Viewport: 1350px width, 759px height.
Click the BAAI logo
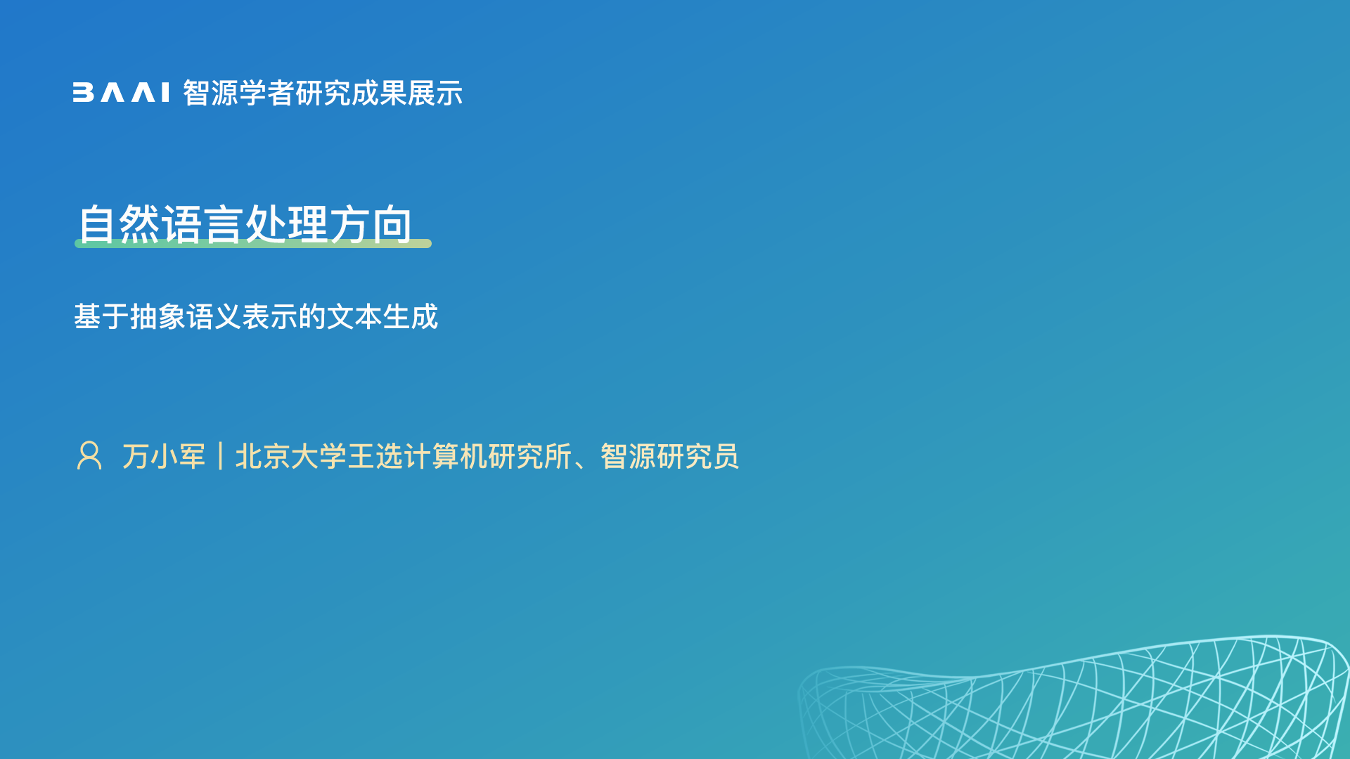121,93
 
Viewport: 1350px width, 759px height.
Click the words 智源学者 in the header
238,93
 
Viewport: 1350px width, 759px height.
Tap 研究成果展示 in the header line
379,93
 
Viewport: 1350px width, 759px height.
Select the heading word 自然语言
160,224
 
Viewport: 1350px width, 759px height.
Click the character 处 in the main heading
266,224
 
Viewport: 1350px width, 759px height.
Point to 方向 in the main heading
371,224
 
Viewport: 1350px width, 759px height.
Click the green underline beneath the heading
253,243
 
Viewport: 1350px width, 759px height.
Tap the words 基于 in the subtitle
101,316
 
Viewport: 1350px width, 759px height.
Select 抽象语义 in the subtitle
186,316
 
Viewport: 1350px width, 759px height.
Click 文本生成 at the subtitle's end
382,316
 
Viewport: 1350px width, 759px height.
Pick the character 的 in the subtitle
312,316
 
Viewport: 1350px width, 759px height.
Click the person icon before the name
89,455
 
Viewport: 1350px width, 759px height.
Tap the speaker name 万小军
164,456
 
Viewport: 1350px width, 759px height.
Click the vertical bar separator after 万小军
221,456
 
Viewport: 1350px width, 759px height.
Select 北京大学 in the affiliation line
291,456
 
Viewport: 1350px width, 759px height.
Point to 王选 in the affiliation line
375,456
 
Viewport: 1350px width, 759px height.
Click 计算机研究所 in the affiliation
488,456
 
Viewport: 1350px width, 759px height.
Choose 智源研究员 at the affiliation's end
670,456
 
